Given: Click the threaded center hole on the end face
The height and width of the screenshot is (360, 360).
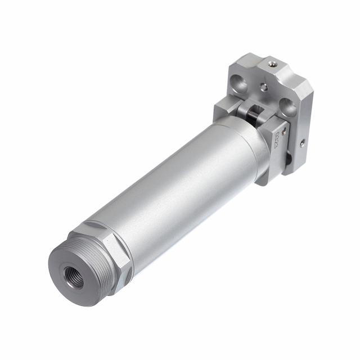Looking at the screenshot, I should point(74,277).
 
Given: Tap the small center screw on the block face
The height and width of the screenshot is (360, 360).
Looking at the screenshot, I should point(263,87).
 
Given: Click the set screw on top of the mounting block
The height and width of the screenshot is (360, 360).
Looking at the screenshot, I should point(273,64).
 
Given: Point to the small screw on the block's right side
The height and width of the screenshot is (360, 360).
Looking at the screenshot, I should point(303,143).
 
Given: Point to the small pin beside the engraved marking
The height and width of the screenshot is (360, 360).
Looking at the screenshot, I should point(285,130).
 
